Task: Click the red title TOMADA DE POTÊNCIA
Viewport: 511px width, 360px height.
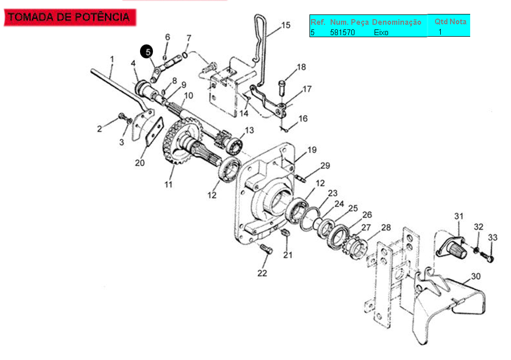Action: pyautogui.click(x=69, y=17)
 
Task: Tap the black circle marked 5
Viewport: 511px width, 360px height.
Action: pyautogui.click(x=147, y=52)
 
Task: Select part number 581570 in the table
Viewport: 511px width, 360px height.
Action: pyautogui.click(x=342, y=32)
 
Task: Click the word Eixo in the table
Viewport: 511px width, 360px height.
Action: pyautogui.click(x=381, y=32)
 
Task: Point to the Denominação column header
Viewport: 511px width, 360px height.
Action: pyautogui.click(x=397, y=22)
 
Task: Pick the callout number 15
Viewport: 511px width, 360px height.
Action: pyautogui.click(x=286, y=25)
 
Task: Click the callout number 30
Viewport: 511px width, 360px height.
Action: pyautogui.click(x=476, y=276)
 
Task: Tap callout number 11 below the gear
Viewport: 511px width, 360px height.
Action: pyautogui.click(x=168, y=184)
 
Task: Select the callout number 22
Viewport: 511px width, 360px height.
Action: pyautogui.click(x=262, y=273)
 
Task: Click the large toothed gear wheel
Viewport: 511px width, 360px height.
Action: pyautogui.click(x=180, y=140)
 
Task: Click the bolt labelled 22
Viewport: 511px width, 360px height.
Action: pyautogui.click(x=266, y=249)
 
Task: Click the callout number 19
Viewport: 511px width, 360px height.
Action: pyautogui.click(x=312, y=150)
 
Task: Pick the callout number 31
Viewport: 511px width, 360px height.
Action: pyautogui.click(x=459, y=216)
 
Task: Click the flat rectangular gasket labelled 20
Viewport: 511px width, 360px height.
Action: pyautogui.click(x=154, y=131)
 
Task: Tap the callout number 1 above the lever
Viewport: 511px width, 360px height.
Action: pyautogui.click(x=112, y=59)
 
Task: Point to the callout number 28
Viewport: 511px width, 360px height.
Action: pyautogui.click(x=386, y=227)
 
